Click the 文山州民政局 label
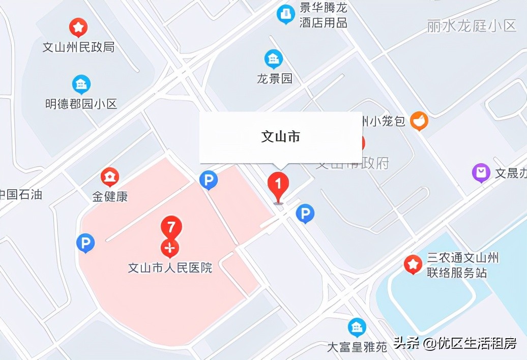[78, 47]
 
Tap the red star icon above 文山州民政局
[78, 27]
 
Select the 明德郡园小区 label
[81, 104]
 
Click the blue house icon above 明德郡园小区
[81, 84]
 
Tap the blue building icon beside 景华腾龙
[285, 14]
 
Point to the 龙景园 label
[275, 79]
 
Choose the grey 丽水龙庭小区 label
[472, 26]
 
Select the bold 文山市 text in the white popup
[280, 136]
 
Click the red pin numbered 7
[171, 227]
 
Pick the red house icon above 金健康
[110, 177]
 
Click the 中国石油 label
[20, 195]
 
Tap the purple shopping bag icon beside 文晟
[481, 172]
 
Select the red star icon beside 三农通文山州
[413, 264]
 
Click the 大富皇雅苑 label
[357, 347]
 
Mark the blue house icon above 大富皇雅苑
[357, 327]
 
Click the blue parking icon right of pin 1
[305, 214]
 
